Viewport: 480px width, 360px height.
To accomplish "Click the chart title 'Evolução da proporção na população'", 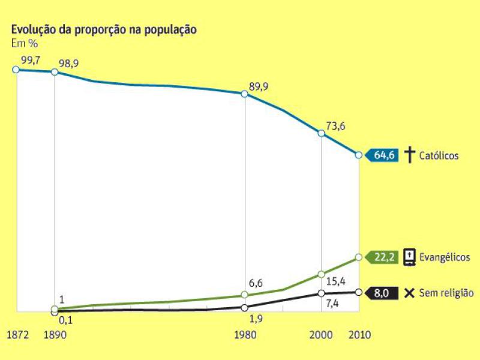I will (x=104, y=30).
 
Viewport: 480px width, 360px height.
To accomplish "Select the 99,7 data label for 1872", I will (x=31, y=59).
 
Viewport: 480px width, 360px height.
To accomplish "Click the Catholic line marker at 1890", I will (x=55, y=72).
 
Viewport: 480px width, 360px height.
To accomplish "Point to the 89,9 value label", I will (x=259, y=86).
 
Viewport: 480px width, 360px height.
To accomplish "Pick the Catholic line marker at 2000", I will (x=322, y=133).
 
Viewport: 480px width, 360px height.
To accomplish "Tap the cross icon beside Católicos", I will (x=409, y=155).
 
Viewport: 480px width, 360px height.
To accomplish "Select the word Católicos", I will (x=439, y=156).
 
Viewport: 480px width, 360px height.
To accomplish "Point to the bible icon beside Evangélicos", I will (x=409, y=257).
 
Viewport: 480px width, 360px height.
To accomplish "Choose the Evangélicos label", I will (x=444, y=257).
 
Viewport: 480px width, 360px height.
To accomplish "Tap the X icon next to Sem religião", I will (x=409, y=293).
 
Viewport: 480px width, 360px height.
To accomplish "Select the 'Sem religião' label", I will (x=448, y=293).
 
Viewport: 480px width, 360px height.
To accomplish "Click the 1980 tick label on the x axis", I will (x=244, y=335).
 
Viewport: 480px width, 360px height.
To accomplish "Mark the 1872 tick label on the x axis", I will (x=17, y=335).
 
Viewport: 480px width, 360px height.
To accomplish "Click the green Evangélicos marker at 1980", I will (x=245, y=295).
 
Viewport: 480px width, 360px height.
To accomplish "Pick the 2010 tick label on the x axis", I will (x=359, y=335).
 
